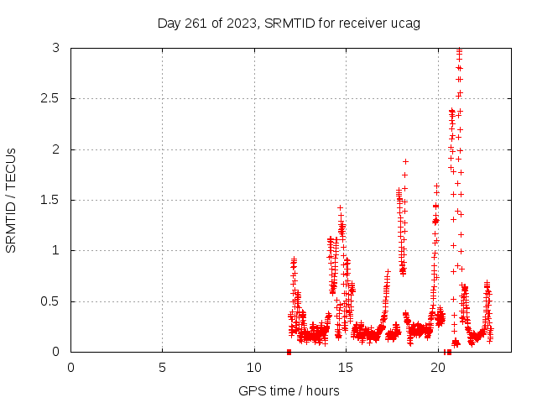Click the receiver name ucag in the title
406,23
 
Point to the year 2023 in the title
242,23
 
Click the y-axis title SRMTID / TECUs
11,200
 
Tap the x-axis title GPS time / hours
289,390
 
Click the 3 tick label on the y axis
55,49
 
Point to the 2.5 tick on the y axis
51,99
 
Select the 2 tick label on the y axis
55,149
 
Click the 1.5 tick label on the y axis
51,200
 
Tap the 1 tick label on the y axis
55,250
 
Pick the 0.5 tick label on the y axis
51,301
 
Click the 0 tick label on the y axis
55,352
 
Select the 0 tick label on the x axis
70,367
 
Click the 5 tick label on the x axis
162,367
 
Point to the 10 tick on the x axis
253,367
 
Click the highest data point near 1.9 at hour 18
405,161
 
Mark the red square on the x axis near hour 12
289,352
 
